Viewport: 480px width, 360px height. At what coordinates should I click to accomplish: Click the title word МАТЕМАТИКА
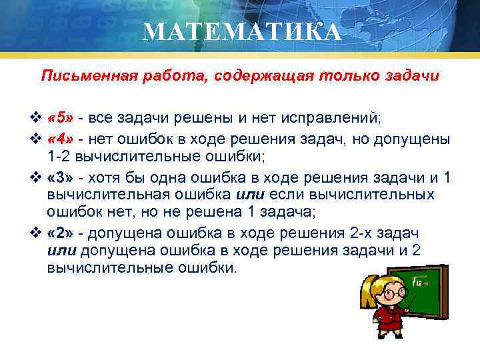coord(242,31)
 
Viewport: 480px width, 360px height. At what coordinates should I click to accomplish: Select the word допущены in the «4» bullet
coord(417,139)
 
